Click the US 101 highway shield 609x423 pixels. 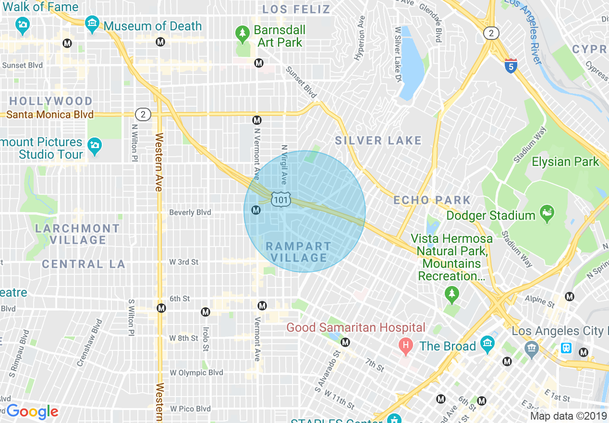pyautogui.click(x=280, y=199)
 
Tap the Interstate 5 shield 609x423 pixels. pyautogui.click(x=511, y=66)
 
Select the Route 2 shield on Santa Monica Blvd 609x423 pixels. pyautogui.click(x=143, y=114)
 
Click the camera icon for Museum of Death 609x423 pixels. pyautogui.click(x=92, y=23)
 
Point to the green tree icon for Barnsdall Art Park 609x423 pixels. pyautogui.click(x=243, y=33)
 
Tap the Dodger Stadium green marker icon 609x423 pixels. pyautogui.click(x=547, y=211)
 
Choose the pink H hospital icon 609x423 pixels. pyautogui.click(x=406, y=345)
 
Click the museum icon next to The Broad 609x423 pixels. pyautogui.click(x=487, y=343)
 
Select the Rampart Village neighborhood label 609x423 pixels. pyautogui.click(x=298, y=252)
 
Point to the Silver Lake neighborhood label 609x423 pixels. pyautogui.click(x=378, y=141)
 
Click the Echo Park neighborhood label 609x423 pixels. pyautogui.click(x=432, y=200)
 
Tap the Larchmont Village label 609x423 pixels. pyautogui.click(x=77, y=234)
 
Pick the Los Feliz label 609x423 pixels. pyautogui.click(x=296, y=10)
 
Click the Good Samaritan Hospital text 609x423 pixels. pyautogui.click(x=355, y=328)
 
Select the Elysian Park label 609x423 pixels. pyautogui.click(x=565, y=162)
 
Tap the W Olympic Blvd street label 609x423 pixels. pyautogui.click(x=196, y=373)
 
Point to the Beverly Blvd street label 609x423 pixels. pyautogui.click(x=190, y=212)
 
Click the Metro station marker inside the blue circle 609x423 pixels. pyautogui.click(x=256, y=210)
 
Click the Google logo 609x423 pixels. pyautogui.click(x=32, y=411)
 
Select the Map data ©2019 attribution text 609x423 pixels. pyautogui.click(x=567, y=416)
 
